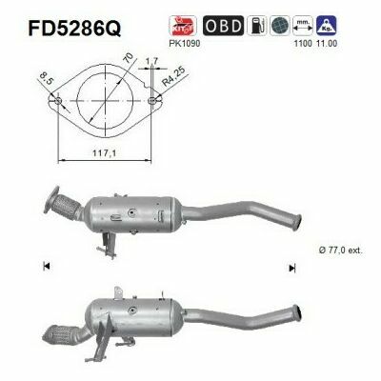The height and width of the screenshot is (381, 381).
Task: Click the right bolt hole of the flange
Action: pos(154,100)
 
